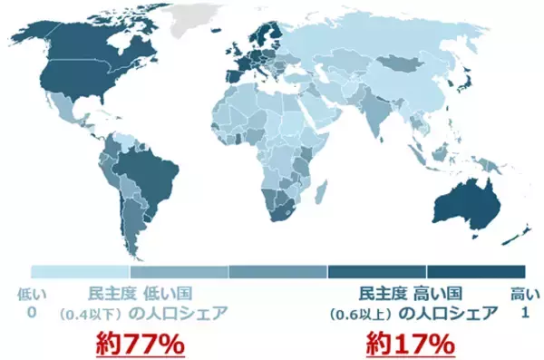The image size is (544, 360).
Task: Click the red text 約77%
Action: pos(141,345)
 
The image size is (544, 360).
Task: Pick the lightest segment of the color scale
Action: pos(81,271)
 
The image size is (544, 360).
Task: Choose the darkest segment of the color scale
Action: pos(476,271)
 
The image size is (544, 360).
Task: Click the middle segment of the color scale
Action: pos(277,271)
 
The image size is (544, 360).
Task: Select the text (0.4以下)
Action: pos(90,315)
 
